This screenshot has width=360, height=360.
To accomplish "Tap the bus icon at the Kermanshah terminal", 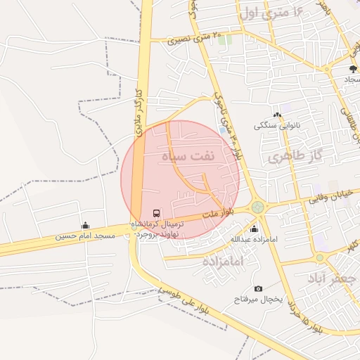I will [x=156, y=213].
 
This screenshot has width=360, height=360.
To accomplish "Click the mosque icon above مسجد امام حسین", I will [x=86, y=226].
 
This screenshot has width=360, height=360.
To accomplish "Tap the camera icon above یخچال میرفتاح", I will [x=258, y=289].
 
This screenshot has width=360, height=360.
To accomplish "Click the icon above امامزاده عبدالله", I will [x=254, y=229].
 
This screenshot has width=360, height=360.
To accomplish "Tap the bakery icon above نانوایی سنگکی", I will [x=277, y=115].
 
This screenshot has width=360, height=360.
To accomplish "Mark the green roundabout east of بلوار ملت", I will [x=258, y=207].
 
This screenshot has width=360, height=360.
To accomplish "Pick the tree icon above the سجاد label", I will [x=353, y=69].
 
